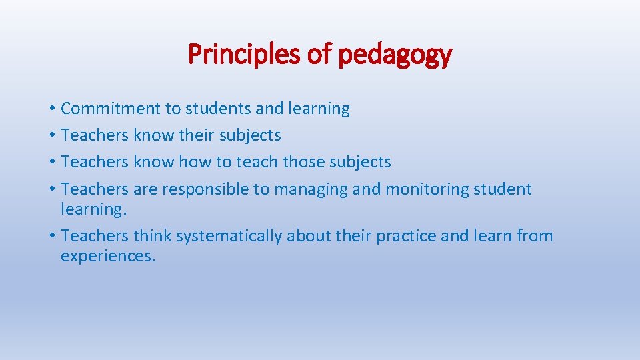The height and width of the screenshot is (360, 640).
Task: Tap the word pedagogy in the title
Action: click(x=395, y=55)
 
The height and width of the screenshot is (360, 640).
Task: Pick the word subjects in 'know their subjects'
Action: click(x=251, y=135)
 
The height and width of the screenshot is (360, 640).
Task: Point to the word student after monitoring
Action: click(x=502, y=189)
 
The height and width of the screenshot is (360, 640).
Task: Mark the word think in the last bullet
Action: click(x=152, y=236)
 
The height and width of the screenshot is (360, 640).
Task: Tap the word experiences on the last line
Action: click(x=107, y=257)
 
